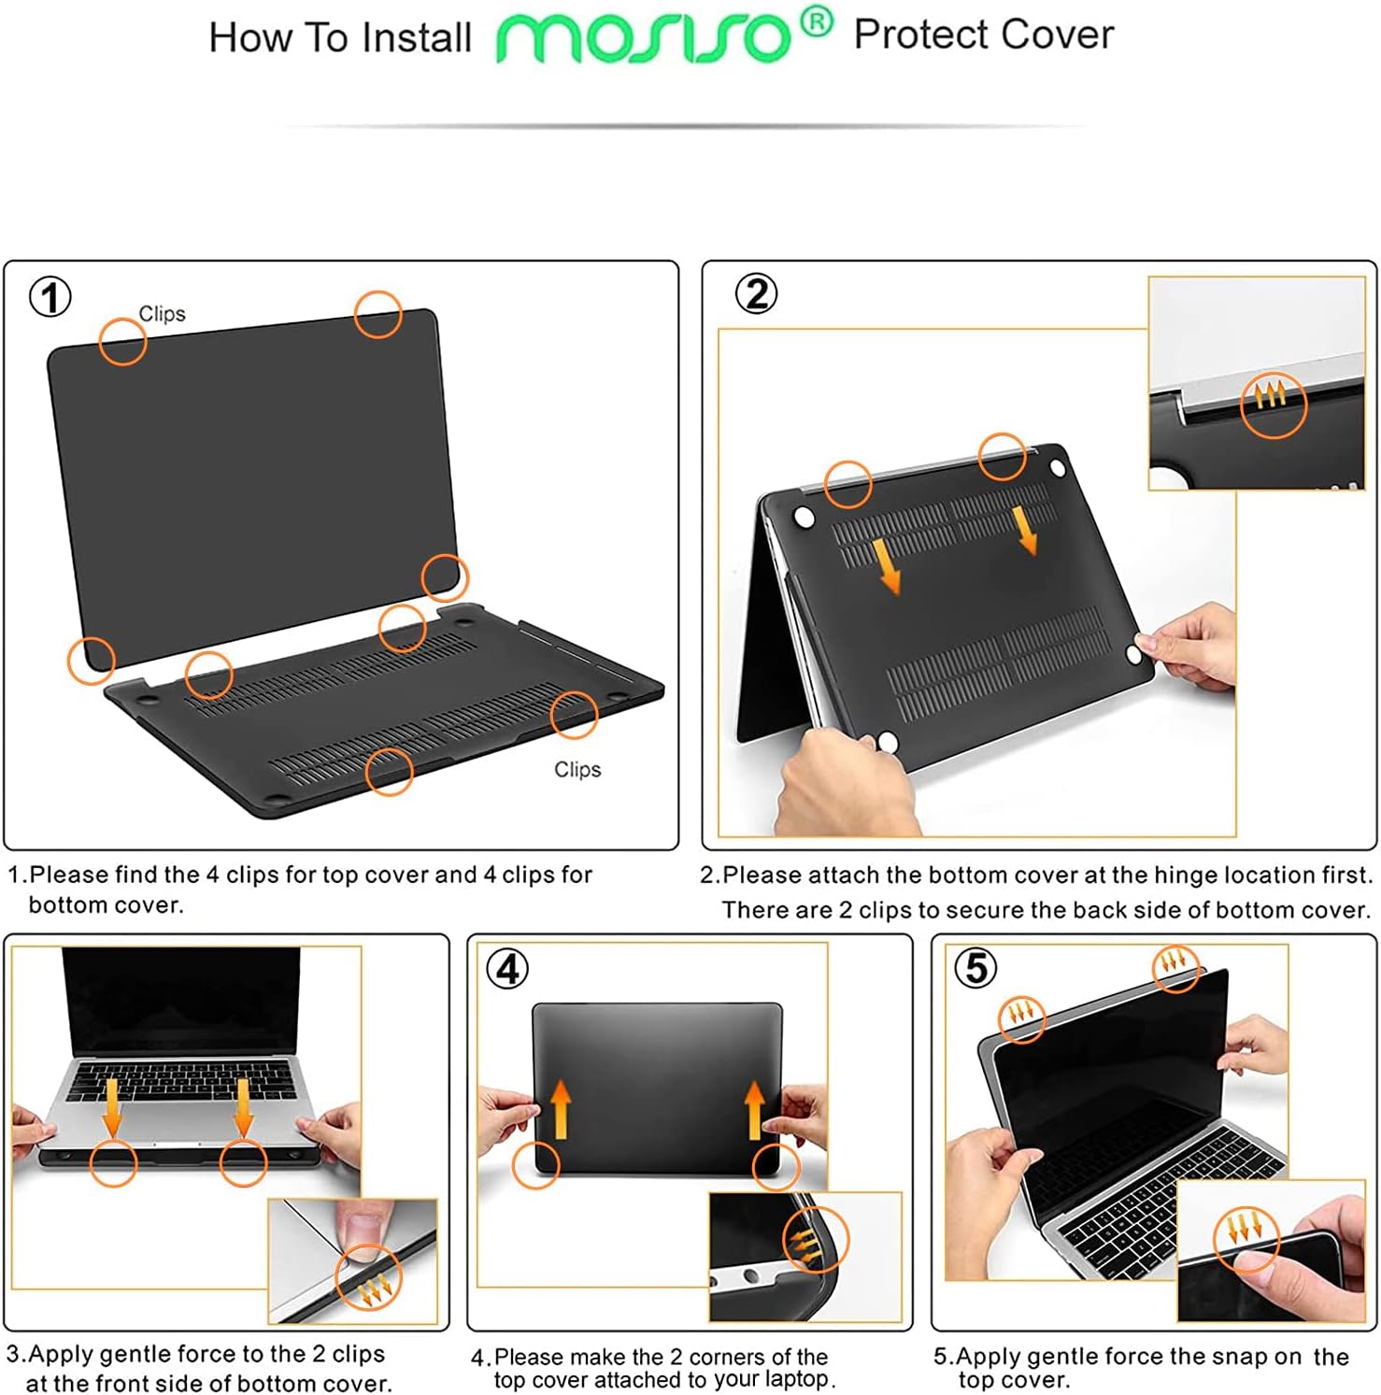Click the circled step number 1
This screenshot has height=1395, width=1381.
coord(50,298)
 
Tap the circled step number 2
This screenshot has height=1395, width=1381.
coord(756,294)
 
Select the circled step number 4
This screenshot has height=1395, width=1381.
coord(507,969)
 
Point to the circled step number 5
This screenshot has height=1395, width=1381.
coord(975,968)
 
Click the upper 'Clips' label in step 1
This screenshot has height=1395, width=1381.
coord(162,314)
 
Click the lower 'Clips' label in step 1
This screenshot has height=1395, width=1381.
coord(577,769)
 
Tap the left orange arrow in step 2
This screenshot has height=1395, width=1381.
coord(886,564)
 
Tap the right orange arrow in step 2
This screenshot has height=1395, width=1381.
coord(1025,530)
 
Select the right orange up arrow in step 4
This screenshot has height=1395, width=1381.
coord(755,1109)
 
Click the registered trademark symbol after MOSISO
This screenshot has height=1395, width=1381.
coord(816,22)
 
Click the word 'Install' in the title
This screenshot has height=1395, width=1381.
coord(417,38)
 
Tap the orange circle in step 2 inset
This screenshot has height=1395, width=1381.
coord(1273,405)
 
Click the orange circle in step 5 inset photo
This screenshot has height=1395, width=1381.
coord(1246,1240)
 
